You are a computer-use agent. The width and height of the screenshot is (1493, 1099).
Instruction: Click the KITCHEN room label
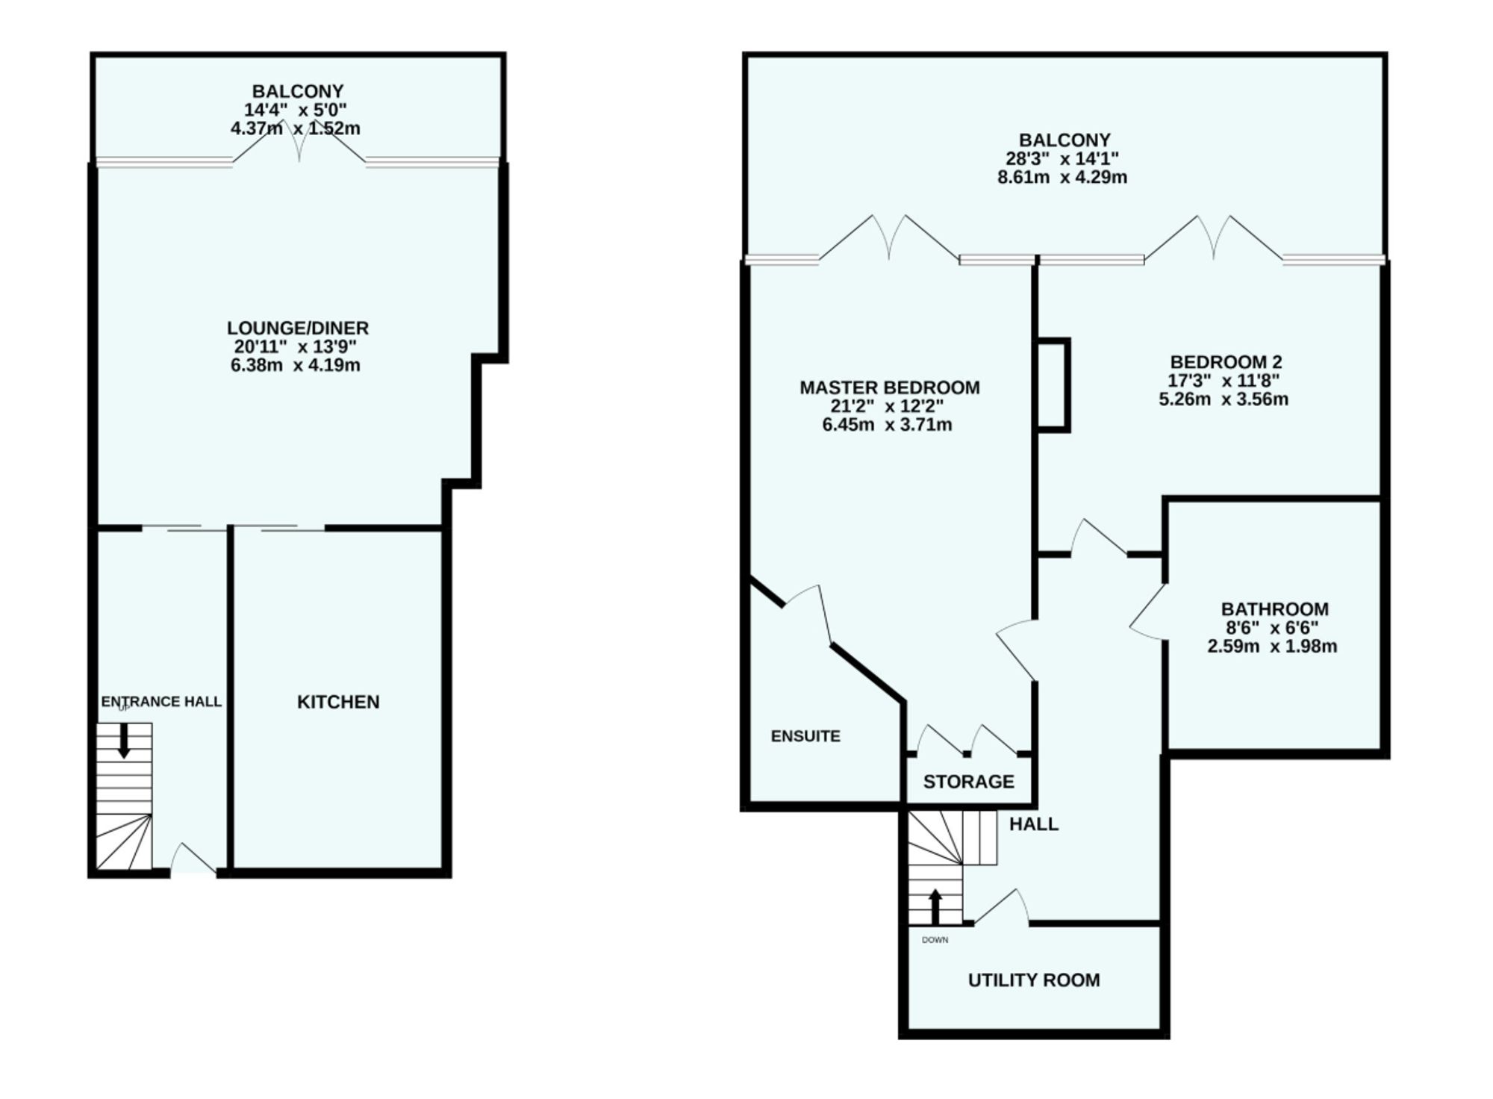click(x=338, y=702)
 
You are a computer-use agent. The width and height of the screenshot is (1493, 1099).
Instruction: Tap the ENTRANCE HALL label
click(x=161, y=702)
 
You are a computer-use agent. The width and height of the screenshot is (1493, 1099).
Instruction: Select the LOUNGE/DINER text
click(x=298, y=328)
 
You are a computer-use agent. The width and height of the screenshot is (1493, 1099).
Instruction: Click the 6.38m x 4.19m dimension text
click(x=296, y=366)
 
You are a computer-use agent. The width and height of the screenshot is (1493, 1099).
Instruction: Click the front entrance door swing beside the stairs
click(x=192, y=859)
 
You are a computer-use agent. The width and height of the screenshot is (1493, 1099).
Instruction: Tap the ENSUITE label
click(x=805, y=736)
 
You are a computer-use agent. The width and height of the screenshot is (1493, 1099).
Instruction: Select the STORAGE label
click(x=968, y=782)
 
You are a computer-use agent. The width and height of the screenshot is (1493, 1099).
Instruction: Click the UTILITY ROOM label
click(x=1034, y=980)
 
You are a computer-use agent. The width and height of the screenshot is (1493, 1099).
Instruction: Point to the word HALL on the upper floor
click(x=1034, y=824)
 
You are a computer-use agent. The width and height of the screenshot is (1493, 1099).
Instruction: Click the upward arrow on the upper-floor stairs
click(x=935, y=906)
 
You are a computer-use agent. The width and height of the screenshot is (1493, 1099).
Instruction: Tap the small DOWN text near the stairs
click(x=935, y=940)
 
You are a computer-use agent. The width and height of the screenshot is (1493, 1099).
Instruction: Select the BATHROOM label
click(x=1274, y=609)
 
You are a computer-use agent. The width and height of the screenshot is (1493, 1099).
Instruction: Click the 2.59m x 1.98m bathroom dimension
click(x=1272, y=647)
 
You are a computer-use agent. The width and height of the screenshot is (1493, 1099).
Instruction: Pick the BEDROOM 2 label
click(x=1226, y=362)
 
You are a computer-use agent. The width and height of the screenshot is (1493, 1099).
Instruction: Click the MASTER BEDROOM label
click(x=889, y=387)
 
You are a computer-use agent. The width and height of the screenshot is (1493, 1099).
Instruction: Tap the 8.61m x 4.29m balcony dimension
click(x=1062, y=178)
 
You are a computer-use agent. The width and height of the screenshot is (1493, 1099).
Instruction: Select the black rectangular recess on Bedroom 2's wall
click(x=1053, y=385)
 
